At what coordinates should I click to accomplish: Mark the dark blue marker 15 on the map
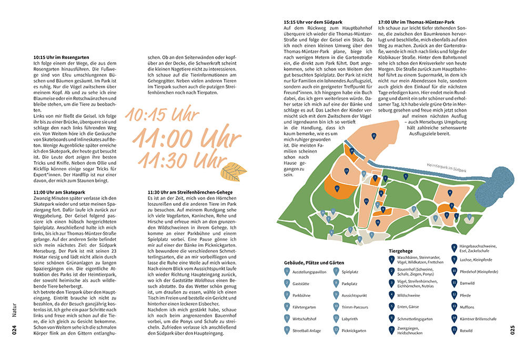tap(373, 136)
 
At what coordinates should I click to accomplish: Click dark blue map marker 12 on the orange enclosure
tap(337, 187)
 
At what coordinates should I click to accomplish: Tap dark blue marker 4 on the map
tap(450, 193)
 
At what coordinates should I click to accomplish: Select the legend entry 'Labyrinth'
tap(353, 318)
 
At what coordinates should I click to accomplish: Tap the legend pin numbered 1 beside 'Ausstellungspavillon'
tap(287, 272)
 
